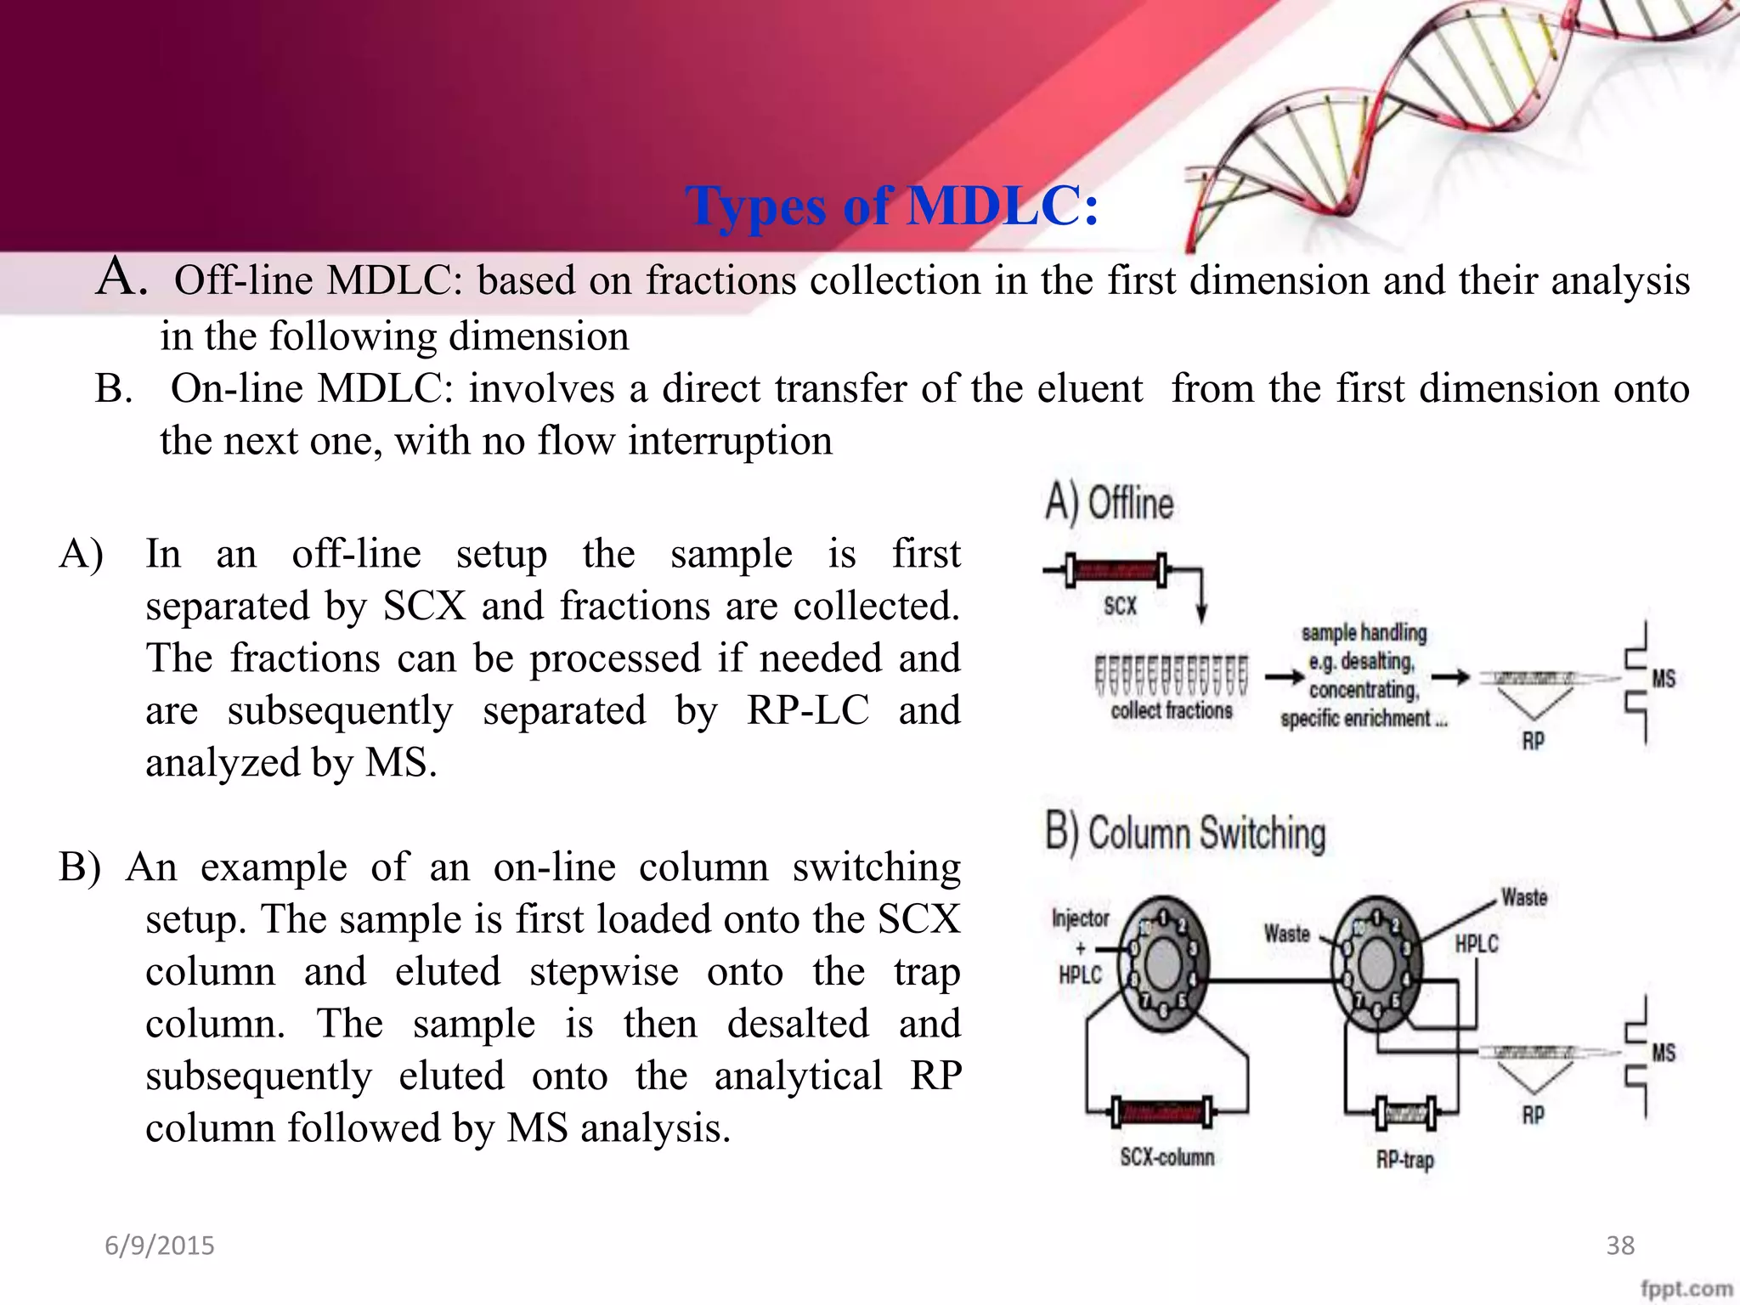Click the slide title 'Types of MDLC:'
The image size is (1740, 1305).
891,206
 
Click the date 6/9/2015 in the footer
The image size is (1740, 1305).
160,1246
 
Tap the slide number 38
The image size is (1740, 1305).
1620,1246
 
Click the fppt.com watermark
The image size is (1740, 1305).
1686,1289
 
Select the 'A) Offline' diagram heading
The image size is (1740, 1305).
1110,502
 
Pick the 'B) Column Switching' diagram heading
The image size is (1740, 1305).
1185,833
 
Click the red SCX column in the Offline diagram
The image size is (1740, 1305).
1117,570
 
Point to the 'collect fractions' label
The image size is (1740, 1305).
1172,711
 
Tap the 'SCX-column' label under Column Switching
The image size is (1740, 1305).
1167,1157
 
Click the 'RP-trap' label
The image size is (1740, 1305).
1405,1160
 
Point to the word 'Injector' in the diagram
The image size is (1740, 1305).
1081,918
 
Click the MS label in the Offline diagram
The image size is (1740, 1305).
1664,679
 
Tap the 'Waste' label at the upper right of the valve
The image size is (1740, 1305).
1524,898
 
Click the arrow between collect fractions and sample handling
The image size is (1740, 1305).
1284,677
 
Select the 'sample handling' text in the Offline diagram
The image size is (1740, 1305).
1364,633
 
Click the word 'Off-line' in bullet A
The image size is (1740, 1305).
244,280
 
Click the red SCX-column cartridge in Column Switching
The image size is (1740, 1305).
1163,1111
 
